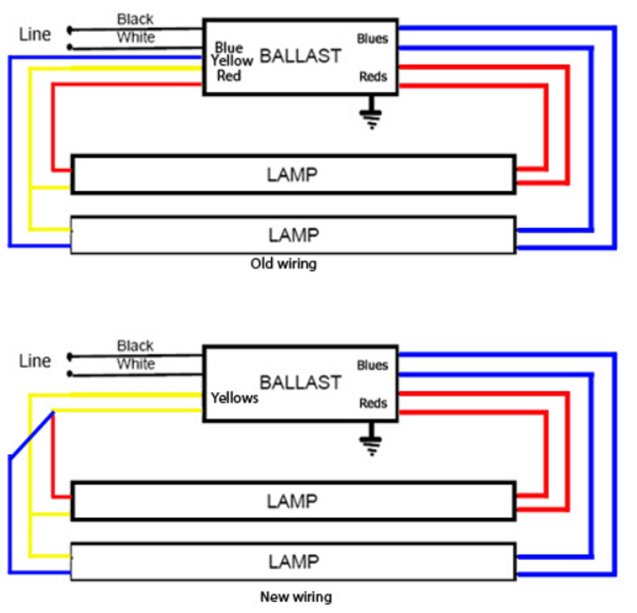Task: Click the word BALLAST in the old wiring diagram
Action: tap(300, 56)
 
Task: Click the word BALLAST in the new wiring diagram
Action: tap(300, 382)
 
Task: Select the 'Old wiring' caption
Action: tap(283, 263)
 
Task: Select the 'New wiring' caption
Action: tap(296, 597)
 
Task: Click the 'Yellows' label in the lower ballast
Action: tap(234, 398)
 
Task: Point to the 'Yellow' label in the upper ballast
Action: tap(231, 61)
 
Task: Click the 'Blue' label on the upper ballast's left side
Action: tap(228, 48)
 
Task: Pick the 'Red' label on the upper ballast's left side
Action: tap(229, 76)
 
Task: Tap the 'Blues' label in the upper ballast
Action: tap(372, 39)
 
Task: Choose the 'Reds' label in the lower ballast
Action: tap(373, 403)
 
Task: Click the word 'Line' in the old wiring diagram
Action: tap(35, 34)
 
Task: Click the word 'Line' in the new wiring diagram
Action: tap(35, 361)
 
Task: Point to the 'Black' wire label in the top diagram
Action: tap(135, 19)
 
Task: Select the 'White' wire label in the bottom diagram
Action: tap(136, 364)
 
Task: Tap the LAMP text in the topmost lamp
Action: tap(292, 175)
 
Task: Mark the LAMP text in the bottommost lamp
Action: tap(294, 562)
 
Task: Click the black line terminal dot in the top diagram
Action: tap(70, 30)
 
